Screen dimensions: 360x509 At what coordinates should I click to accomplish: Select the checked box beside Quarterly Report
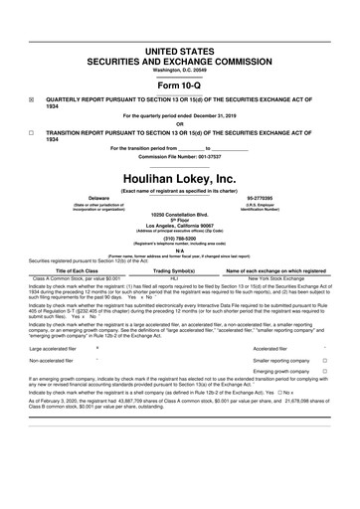pyautogui.click(x=32, y=100)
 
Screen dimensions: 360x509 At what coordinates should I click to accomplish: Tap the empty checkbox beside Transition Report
pyautogui.click(x=32, y=131)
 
